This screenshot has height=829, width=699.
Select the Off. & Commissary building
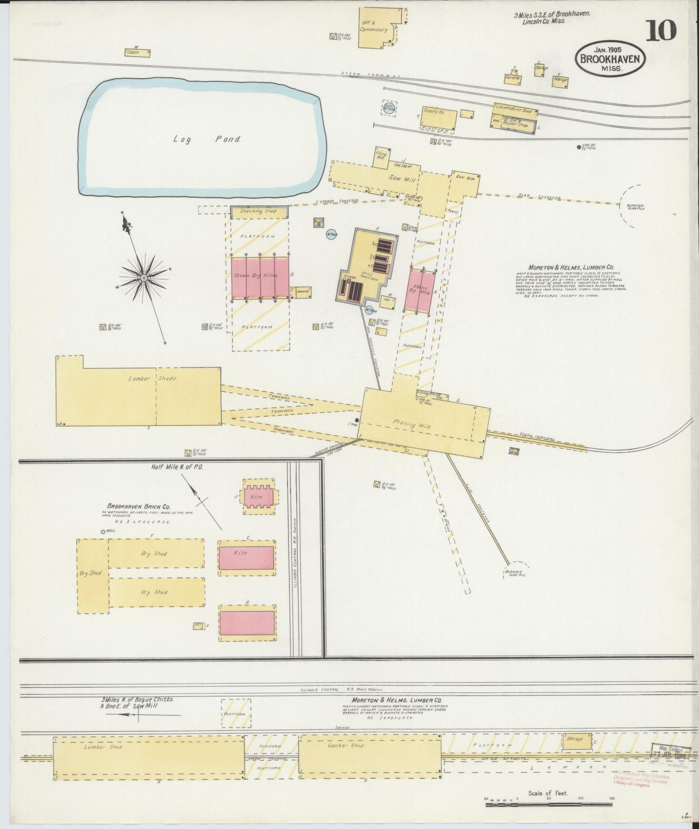tap(379, 29)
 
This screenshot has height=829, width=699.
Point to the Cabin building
tap(137, 53)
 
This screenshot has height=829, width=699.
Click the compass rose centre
tap(144, 278)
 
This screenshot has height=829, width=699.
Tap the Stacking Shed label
tap(259, 211)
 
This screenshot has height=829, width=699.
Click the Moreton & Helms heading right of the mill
tap(571, 266)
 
